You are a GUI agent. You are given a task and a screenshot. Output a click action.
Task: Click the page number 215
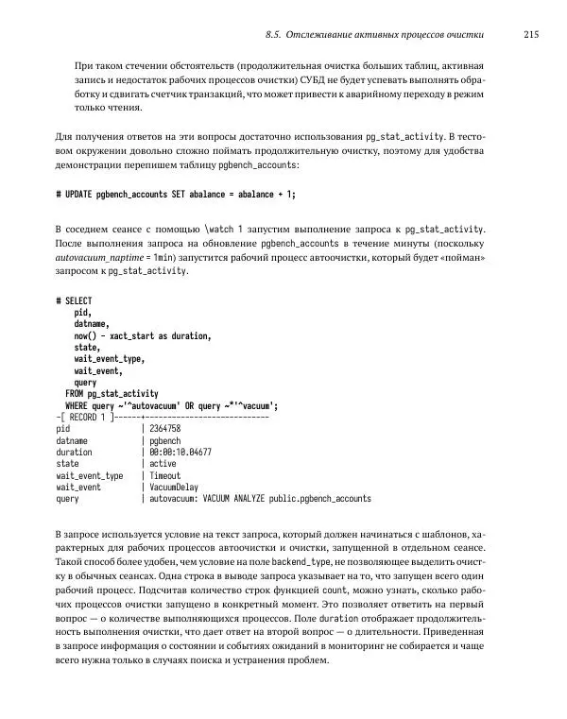coord(530,35)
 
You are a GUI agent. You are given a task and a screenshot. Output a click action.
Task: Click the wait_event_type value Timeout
coord(166,475)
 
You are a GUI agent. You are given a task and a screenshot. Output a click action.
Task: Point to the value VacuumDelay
coord(176,488)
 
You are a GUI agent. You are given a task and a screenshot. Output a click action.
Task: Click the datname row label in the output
coord(73,440)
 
